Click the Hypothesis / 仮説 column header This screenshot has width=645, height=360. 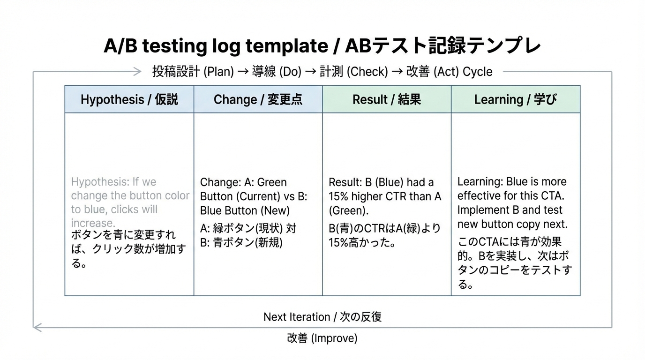(x=129, y=99)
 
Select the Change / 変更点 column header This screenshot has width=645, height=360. (x=258, y=99)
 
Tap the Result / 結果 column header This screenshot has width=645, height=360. (x=387, y=99)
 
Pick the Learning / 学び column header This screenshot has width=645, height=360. (x=515, y=99)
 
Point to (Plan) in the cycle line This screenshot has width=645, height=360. (x=219, y=72)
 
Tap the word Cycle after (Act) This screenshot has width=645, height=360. (x=478, y=72)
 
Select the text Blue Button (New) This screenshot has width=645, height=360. (x=245, y=210)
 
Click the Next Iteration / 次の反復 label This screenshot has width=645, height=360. (x=322, y=317)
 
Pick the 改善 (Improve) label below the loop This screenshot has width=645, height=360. (x=322, y=338)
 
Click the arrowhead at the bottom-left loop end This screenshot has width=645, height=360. (x=37, y=327)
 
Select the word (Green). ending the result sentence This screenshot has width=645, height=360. (x=348, y=210)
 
